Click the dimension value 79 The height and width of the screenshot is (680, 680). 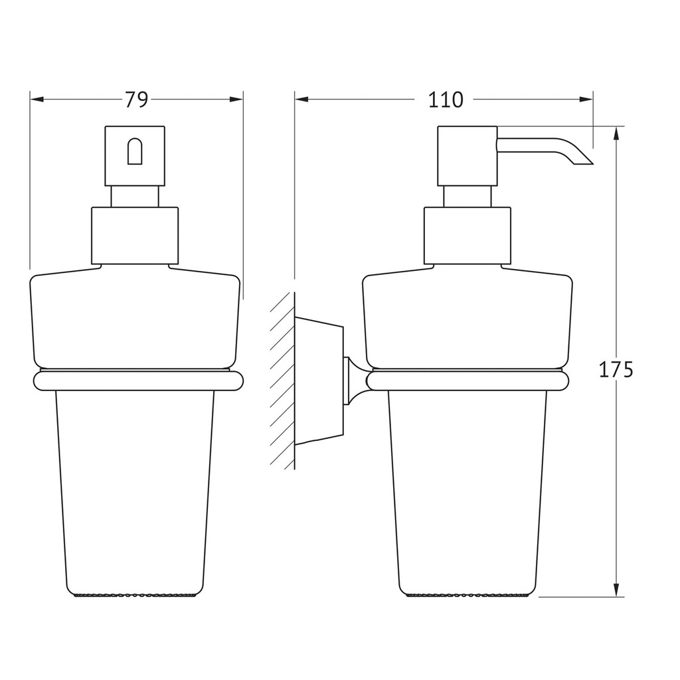click(x=137, y=100)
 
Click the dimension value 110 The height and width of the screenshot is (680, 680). click(x=446, y=100)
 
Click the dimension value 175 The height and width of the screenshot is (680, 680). click(x=616, y=370)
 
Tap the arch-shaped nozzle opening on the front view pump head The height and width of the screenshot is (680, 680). click(x=135, y=151)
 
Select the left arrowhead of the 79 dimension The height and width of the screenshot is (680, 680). click(x=37, y=100)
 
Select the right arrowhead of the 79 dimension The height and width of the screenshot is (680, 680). click(x=236, y=100)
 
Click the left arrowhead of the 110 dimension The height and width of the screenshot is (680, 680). click(x=302, y=100)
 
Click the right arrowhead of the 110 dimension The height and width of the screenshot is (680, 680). click(x=586, y=100)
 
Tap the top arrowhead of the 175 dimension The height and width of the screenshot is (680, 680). click(x=616, y=133)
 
